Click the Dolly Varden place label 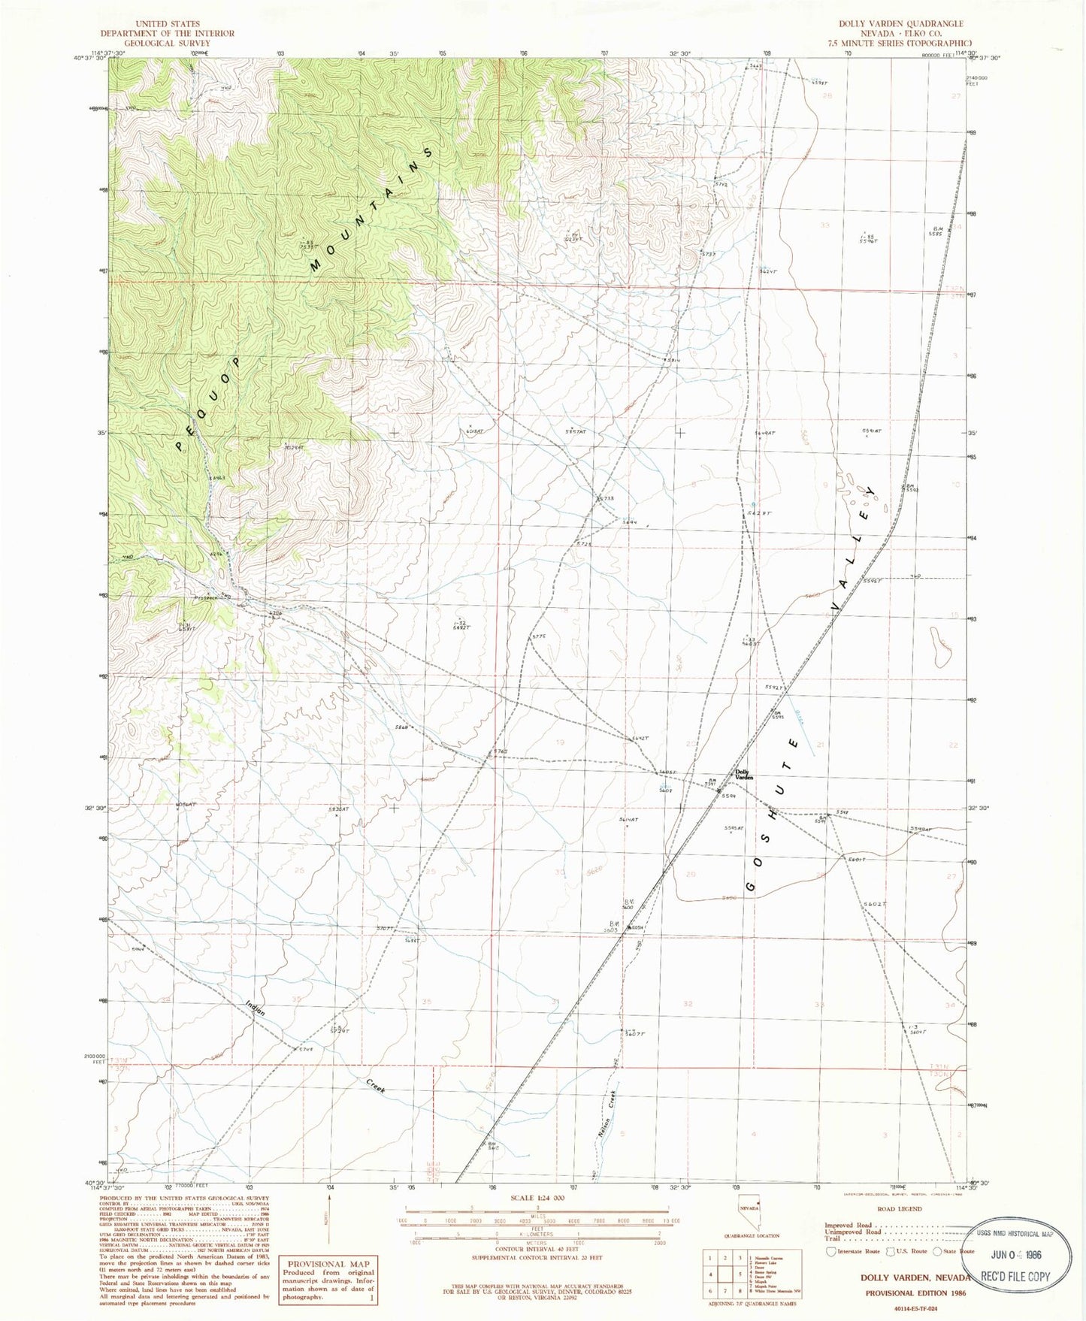pos(743,775)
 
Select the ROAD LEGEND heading pos(899,1209)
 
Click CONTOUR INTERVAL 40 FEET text pos(535,1247)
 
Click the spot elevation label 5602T pos(876,905)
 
